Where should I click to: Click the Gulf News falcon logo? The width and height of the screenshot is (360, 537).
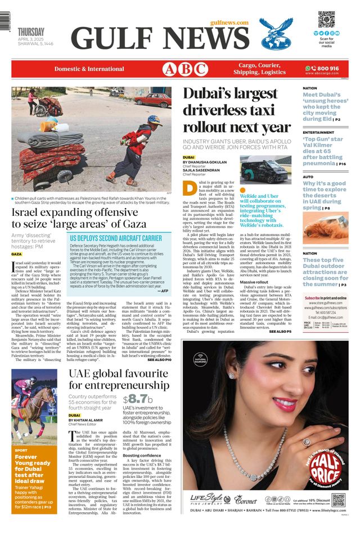point(276,33)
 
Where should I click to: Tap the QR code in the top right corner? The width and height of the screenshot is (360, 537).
point(326,20)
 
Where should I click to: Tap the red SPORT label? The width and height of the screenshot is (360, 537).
point(21,450)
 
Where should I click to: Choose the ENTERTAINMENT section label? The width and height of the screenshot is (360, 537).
point(318,133)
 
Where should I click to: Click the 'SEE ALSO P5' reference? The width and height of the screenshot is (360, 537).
point(280,332)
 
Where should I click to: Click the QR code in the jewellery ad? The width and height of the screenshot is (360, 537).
point(337,499)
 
